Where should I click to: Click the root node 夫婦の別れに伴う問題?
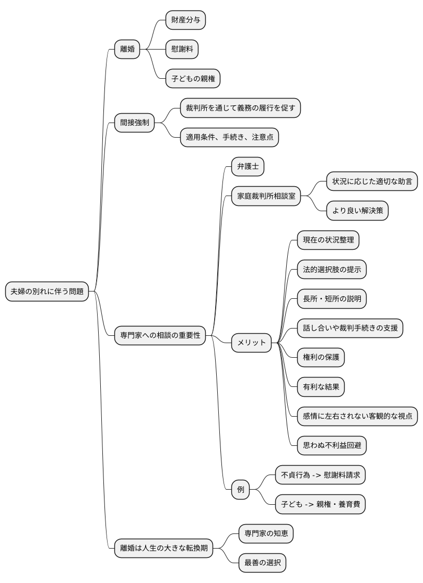pos(47,291)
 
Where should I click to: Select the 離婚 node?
pos(127,50)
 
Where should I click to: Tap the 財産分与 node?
pos(185,20)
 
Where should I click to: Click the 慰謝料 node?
pos(182,50)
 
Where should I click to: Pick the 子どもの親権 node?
pos(193,79)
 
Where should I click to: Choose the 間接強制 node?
pos(135,123)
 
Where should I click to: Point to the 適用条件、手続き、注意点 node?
pos(229,138)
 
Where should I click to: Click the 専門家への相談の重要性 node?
pos(160,335)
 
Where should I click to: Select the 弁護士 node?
pos(248,167)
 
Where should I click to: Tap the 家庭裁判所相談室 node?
pos(266,196)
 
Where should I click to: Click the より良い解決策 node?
pos(357,211)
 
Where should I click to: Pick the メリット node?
pos(252,343)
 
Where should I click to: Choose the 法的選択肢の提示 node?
pos(332,270)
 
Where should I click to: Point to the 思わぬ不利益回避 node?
pos(332,445)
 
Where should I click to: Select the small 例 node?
pos(241,490)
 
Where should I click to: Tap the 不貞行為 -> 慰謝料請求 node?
pos(320,475)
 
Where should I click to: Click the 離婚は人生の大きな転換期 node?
pos(164,548)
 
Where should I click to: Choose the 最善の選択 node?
pos(262,563)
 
